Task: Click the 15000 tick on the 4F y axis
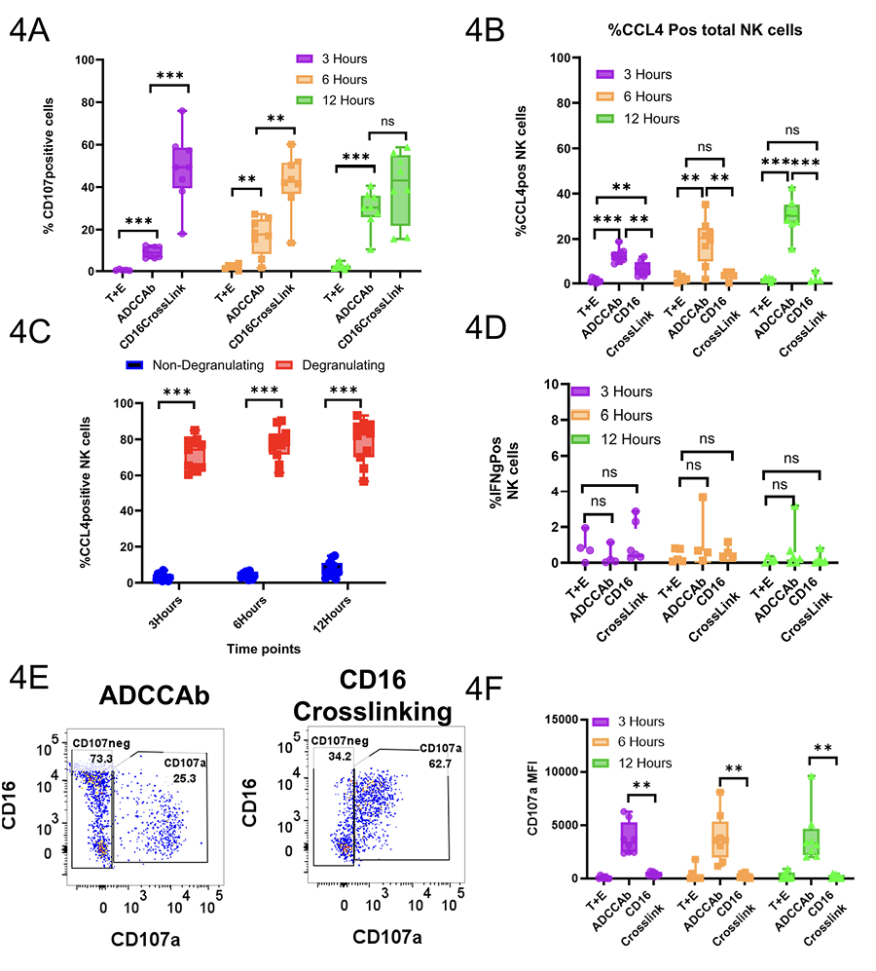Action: pos(566,719)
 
